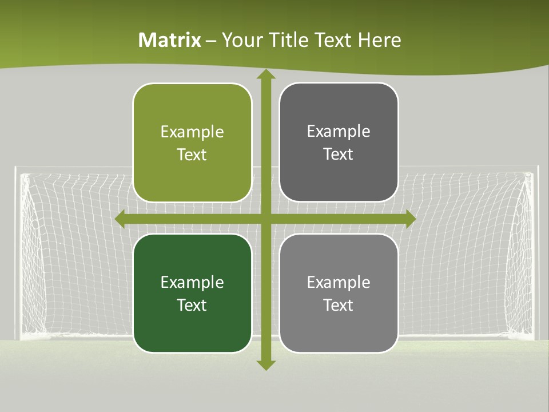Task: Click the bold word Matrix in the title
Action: point(170,40)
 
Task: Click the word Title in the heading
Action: point(290,40)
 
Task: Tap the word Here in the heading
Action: point(380,40)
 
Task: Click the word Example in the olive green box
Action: point(192,132)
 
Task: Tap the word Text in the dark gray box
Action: point(339,154)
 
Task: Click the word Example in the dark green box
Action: point(192,283)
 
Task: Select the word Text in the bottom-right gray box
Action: point(339,305)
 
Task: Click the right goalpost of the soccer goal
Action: point(535,252)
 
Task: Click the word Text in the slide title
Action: point(333,40)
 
